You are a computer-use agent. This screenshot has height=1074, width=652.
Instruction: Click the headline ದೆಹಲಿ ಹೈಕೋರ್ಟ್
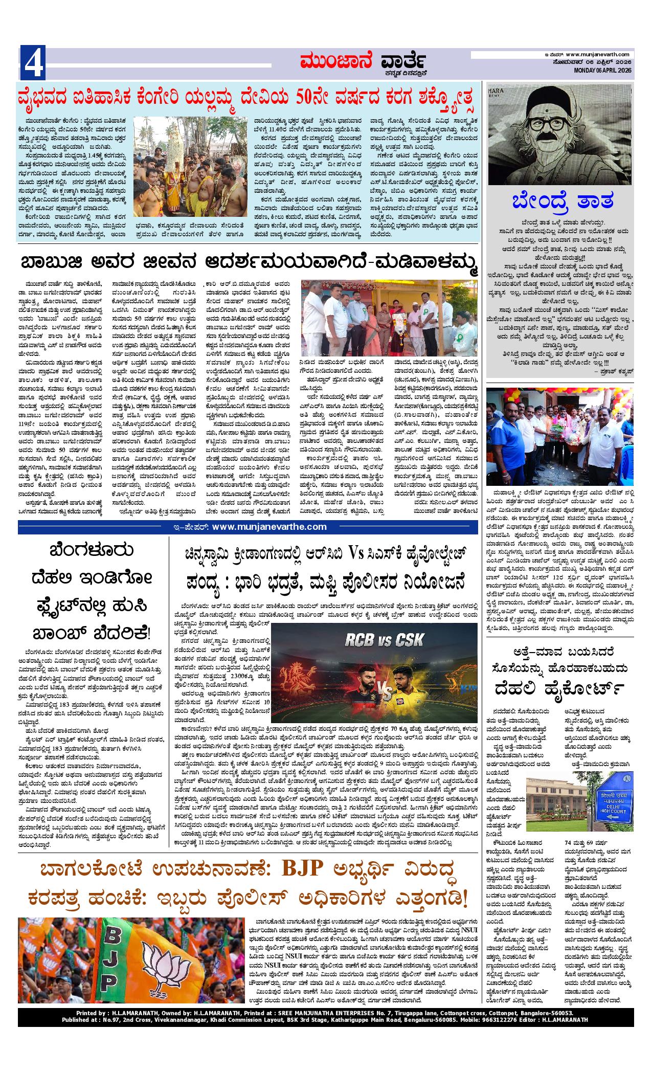click(x=559, y=690)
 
